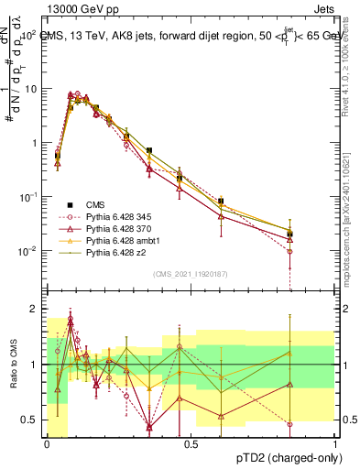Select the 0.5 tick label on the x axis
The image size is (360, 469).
click(x=191, y=444)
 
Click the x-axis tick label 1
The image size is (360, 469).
click(x=334, y=444)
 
